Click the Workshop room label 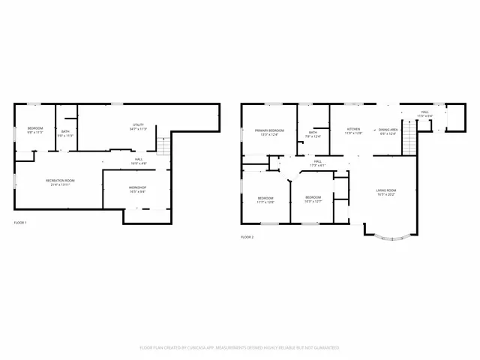point(136,187)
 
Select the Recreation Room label point(60,181)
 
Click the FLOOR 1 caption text point(20,223)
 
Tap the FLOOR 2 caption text point(247,236)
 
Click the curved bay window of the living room point(388,238)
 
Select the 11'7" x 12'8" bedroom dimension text point(265,202)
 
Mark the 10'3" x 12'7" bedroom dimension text point(313,201)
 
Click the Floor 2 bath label point(313,133)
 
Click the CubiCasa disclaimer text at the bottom point(239,347)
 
